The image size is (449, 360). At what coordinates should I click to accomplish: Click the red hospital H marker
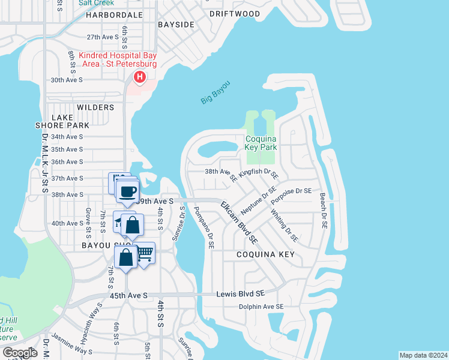(140, 77)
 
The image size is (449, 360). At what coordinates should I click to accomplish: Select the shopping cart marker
(145, 254)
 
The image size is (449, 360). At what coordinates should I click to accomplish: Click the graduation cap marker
(119, 222)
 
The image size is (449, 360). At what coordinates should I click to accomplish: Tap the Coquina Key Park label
(261, 142)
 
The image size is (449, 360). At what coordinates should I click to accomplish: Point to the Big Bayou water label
(215, 92)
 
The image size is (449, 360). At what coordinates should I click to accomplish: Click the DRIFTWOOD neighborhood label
(235, 14)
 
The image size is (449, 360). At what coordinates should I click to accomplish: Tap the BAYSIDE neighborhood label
(176, 25)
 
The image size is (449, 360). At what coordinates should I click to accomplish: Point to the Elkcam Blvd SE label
(239, 223)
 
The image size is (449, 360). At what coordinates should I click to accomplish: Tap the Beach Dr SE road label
(323, 211)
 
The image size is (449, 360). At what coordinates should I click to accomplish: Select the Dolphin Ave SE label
(261, 307)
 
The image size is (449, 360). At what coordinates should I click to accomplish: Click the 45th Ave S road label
(128, 295)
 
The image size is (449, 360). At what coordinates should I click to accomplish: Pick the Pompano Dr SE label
(203, 228)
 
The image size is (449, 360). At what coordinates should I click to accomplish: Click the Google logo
(20, 352)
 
